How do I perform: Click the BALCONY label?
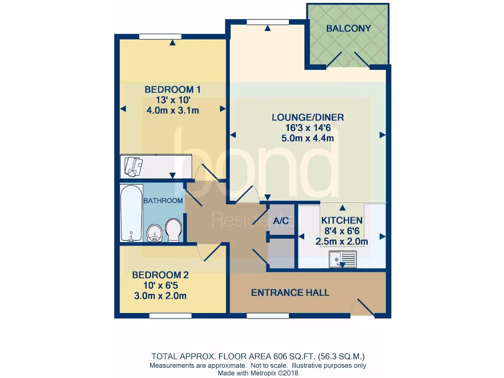(348, 29)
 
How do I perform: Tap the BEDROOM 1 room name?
(172, 90)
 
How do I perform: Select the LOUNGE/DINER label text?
(308, 118)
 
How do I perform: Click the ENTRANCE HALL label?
(290, 293)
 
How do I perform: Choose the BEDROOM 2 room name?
(160, 275)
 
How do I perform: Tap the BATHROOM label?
(163, 201)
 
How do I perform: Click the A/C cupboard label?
(281, 221)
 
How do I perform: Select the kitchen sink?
(343, 259)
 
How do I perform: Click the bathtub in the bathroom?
(131, 213)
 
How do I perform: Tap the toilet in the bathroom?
(173, 230)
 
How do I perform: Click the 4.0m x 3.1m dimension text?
(172, 110)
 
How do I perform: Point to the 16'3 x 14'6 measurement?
(308, 128)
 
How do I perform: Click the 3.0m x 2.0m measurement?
(160, 296)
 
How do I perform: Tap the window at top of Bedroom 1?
(160, 36)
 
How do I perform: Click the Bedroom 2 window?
(170, 315)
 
